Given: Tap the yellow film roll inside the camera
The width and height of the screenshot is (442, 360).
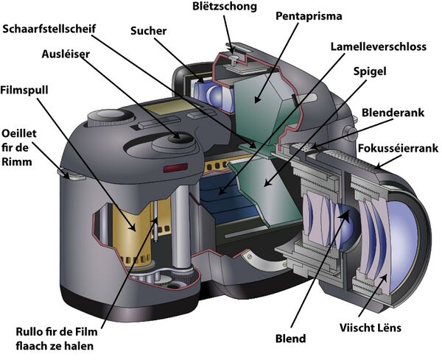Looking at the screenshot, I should click(133, 228).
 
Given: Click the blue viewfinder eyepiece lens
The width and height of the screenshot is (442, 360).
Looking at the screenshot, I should click(211, 92).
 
